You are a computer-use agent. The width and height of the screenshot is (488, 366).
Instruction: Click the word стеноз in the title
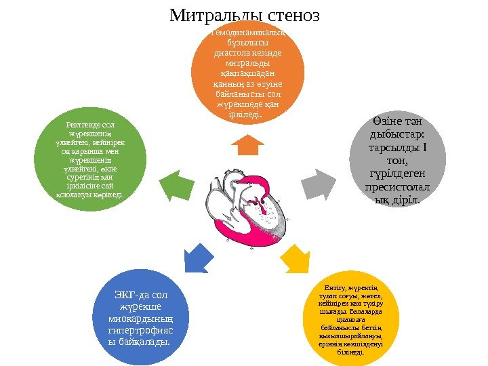[x=289, y=15]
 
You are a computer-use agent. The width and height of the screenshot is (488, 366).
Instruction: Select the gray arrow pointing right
[x=317, y=183]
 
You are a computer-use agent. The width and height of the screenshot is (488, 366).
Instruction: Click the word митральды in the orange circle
[x=247, y=62]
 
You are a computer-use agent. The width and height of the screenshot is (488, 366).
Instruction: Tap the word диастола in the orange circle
[x=232, y=52]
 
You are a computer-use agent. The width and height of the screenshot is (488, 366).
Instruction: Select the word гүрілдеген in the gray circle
[x=399, y=174]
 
